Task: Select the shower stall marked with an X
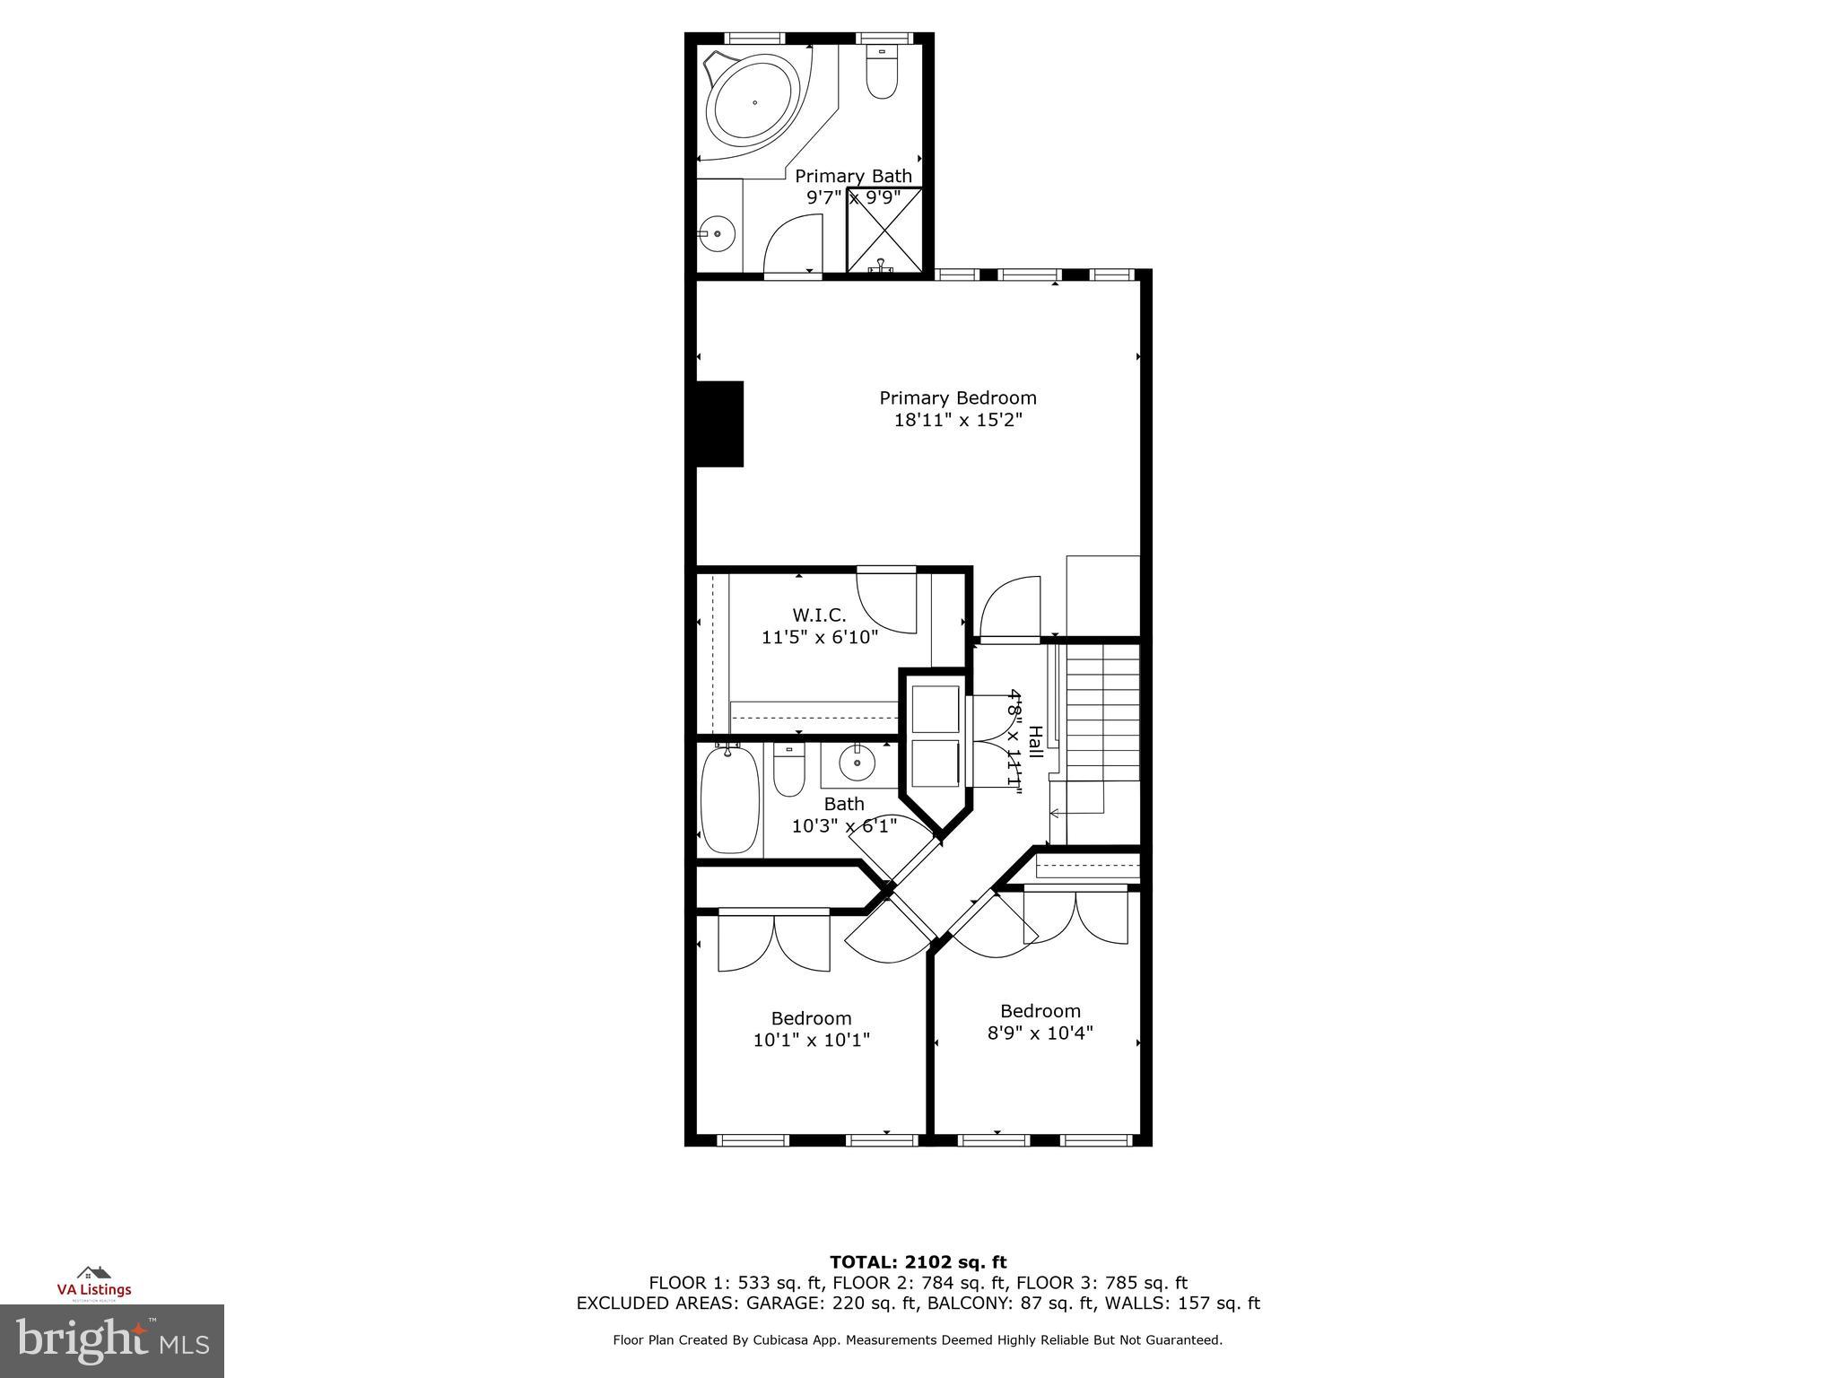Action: coord(884,228)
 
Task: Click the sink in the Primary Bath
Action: coord(718,234)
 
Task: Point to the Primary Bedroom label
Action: coord(957,397)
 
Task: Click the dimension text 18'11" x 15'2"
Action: coord(957,420)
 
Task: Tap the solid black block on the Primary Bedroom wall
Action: coord(718,423)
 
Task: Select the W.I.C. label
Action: coord(818,615)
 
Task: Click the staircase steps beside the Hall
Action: coord(1102,718)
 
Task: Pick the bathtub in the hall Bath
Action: coord(730,801)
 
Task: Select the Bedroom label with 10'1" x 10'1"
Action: coord(811,1018)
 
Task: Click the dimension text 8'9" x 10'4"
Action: coord(1040,1033)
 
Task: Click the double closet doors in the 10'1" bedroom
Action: coord(774,942)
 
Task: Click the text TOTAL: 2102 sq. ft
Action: coord(918,1263)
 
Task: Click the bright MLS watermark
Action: coord(112,1340)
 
